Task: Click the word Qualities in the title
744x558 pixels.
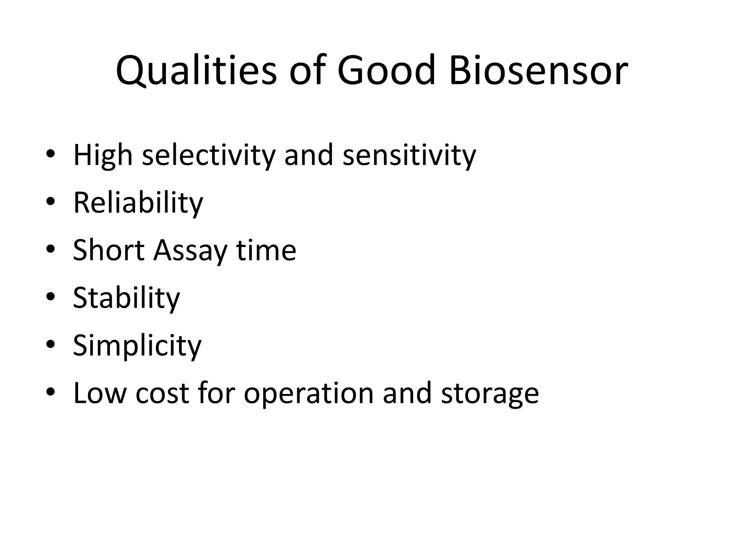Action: coord(196,71)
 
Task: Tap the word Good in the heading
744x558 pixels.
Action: coord(386,71)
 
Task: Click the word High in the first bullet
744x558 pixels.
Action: coord(103,155)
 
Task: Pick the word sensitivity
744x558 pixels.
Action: coord(409,155)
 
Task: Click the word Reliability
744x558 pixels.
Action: coord(138,203)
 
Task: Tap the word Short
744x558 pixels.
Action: coord(109,250)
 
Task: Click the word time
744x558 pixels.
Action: coord(266,250)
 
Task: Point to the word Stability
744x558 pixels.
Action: coord(126,298)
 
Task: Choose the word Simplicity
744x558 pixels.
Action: coord(137,346)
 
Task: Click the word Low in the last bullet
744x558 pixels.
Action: coord(100,393)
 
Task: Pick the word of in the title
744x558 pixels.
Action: coord(306,71)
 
